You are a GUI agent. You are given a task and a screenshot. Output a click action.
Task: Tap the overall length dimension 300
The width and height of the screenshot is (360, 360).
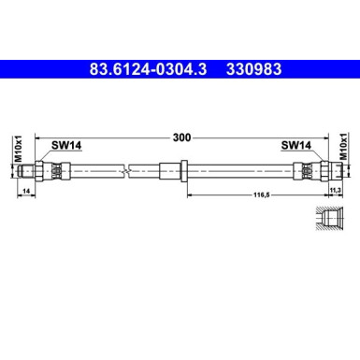click(x=180, y=137)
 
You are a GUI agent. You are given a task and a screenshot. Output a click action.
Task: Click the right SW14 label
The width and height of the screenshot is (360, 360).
click(x=295, y=145)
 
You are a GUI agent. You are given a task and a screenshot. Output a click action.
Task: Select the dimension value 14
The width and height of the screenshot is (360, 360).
click(x=24, y=191)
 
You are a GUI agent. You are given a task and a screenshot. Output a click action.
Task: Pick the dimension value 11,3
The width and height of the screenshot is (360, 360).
click(x=334, y=191)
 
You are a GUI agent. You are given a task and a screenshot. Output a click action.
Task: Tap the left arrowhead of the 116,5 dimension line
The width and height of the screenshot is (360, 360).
click(x=190, y=196)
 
